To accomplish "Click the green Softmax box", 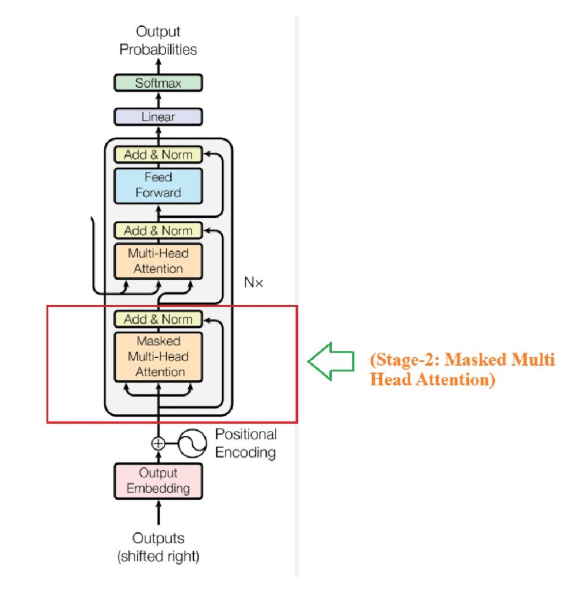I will pos(158,83).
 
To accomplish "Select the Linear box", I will pos(158,117).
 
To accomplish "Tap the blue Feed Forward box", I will pos(158,185).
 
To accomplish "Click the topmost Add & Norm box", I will pos(158,155).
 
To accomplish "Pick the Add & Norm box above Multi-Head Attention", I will pos(158,230).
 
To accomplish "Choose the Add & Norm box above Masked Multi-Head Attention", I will pos(158,319).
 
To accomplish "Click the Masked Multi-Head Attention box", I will pos(158,357).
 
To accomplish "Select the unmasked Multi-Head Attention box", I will pos(158,261).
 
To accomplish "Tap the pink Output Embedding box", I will pos(158,481).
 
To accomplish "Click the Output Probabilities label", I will pos(158,40).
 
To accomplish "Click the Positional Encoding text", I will pos(246,444).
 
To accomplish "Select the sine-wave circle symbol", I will pos(193,443).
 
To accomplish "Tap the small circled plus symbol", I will pos(158,443).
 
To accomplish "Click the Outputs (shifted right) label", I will pos(158,547).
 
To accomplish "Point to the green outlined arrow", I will pos(330,360).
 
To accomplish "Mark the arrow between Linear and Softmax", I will pos(158,100).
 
